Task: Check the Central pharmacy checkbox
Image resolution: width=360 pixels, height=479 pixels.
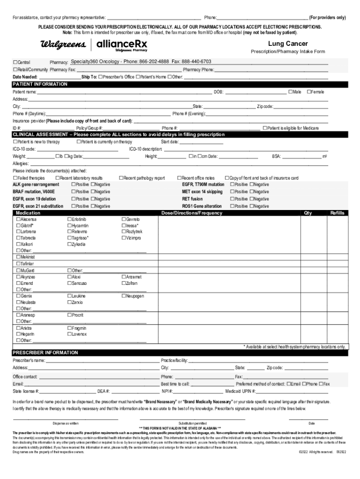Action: point(15,62)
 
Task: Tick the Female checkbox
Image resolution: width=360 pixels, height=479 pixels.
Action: point(309,92)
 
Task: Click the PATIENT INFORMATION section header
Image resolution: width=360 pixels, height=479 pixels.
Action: point(40,84)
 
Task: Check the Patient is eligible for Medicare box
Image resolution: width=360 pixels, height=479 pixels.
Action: point(265,128)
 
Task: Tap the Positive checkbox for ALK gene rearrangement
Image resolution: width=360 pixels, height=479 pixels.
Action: point(73,184)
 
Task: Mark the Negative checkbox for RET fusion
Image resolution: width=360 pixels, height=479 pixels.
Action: point(252,199)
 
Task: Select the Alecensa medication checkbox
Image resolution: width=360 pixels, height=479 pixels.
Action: point(18,219)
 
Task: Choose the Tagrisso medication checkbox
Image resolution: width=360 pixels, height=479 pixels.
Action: point(70,238)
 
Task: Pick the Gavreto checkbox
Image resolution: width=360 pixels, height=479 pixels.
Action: point(123,219)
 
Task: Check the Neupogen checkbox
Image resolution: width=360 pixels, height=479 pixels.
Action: point(123,296)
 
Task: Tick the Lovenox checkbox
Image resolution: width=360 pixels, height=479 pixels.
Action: point(70,334)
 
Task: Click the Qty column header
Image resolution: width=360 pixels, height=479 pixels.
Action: point(308,213)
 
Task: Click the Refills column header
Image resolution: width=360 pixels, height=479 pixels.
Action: point(337,213)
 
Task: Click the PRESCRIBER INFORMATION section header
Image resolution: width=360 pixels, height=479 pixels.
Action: point(45,352)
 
